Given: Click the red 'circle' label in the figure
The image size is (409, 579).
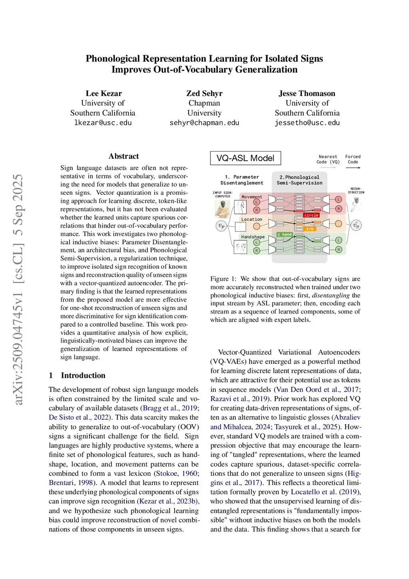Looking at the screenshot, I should point(311,215).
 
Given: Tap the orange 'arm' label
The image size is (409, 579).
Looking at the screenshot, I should point(310,229).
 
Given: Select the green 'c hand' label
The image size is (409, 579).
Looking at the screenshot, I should point(284,234).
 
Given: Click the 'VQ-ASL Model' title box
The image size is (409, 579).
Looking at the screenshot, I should point(245,158).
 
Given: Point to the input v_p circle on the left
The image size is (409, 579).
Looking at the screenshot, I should point(221,226).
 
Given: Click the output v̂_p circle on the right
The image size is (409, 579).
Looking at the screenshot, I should point(356,226).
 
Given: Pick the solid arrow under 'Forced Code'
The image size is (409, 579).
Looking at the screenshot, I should point(353,168).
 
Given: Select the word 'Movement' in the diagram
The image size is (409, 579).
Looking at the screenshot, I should point(252,197).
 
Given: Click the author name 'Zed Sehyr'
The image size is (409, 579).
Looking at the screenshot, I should point(204,94).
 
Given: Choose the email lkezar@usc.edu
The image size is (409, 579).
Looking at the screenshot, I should point(103,123).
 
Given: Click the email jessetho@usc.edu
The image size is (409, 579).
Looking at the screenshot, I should point(307,123).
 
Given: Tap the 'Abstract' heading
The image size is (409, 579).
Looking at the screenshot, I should point(123,156).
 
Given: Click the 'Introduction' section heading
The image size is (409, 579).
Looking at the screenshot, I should point(83,375).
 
